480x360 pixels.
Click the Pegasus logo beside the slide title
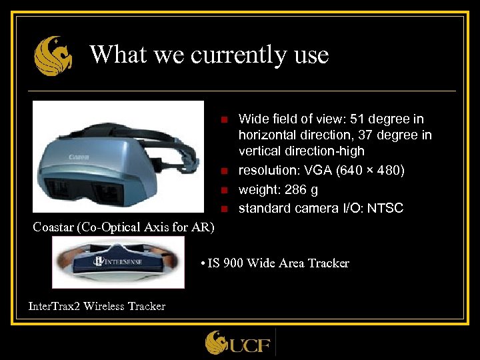pyautogui.click(x=53, y=56)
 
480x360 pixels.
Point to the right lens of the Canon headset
pyautogui.click(x=107, y=193)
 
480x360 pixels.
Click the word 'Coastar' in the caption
pyautogui.click(x=54, y=227)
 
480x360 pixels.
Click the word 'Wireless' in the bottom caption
pyautogui.click(x=105, y=307)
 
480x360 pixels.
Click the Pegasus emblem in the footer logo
pyautogui.click(x=217, y=343)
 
